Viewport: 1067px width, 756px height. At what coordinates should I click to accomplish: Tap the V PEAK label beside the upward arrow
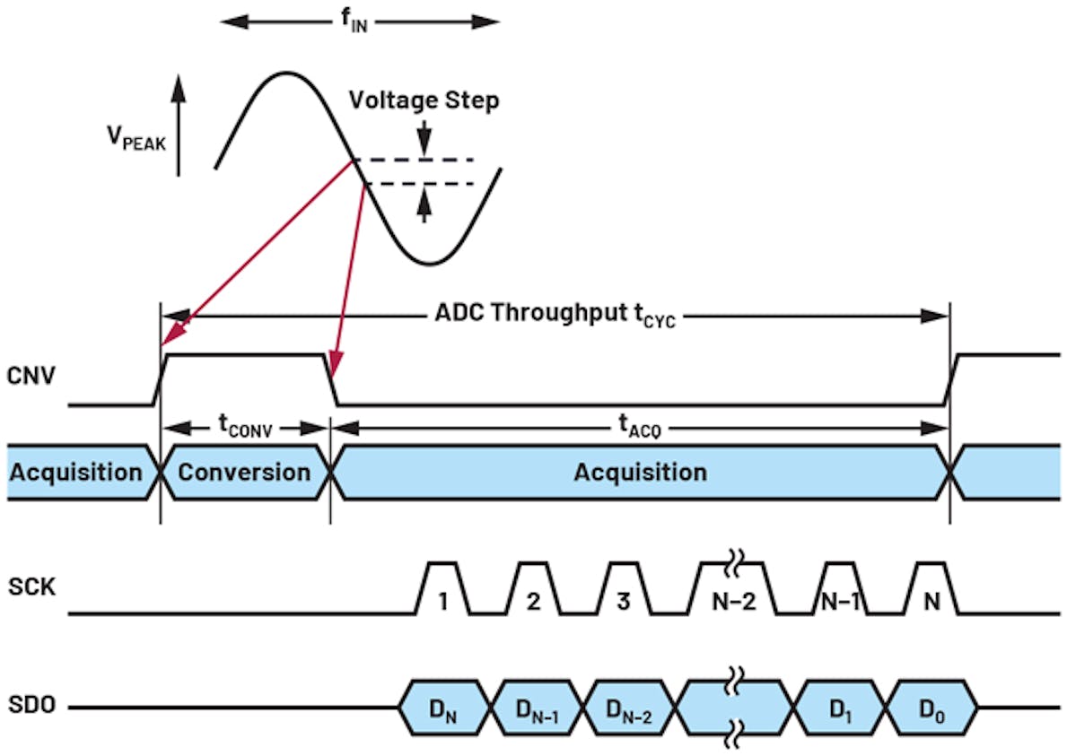[136, 140]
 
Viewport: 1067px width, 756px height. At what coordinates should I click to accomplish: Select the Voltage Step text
[424, 100]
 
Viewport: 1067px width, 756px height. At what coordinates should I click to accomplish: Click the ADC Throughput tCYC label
[555, 315]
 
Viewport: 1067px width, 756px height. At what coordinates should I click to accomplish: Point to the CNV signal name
[31, 375]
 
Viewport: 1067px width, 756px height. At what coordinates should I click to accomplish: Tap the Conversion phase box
[244, 472]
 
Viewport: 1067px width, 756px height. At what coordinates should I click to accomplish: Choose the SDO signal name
[31, 707]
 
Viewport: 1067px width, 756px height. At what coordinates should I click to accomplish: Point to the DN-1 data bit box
[538, 708]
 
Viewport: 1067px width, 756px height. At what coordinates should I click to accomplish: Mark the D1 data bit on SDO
[840, 708]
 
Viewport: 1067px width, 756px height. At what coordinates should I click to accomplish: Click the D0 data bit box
[931, 708]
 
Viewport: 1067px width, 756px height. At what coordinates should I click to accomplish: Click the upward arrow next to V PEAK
[179, 126]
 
